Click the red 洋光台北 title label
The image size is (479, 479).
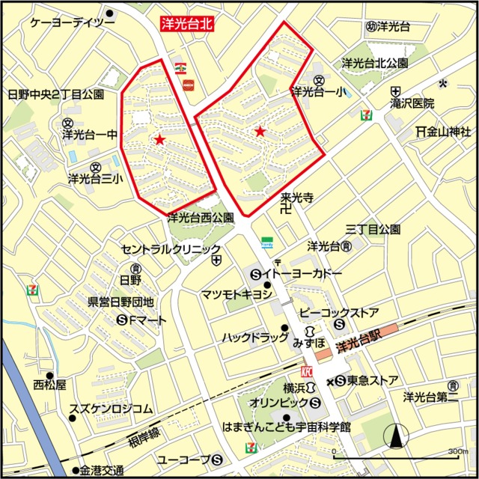[187, 24]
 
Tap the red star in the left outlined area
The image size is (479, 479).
[159, 139]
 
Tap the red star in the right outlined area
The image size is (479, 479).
[260, 132]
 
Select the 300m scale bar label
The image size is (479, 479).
[458, 452]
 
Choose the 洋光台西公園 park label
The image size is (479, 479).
[201, 219]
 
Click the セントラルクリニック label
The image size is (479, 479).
[171, 248]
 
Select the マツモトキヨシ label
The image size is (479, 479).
[237, 294]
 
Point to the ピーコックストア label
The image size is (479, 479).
[338, 312]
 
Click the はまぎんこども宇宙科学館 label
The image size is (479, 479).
[287, 428]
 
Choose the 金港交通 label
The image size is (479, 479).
[102, 471]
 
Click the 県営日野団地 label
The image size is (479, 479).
[121, 302]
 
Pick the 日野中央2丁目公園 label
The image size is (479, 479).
[55, 95]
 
